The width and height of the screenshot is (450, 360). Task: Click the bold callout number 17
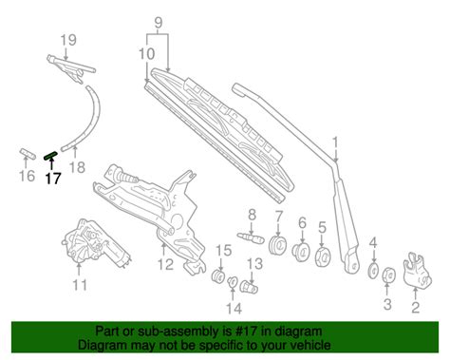pyautogui.click(x=53, y=179)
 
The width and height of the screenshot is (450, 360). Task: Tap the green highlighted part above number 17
pyautogui.click(x=51, y=155)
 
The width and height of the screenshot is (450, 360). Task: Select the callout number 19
pyautogui.click(x=68, y=40)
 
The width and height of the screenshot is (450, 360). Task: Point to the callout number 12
pyautogui.click(x=165, y=264)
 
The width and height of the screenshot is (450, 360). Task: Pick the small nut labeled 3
pyautogui.click(x=388, y=275)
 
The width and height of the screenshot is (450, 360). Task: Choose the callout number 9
pyautogui.click(x=159, y=23)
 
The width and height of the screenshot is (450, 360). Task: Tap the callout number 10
pyautogui.click(x=147, y=54)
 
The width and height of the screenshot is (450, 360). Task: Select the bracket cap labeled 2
pyautogui.click(x=417, y=270)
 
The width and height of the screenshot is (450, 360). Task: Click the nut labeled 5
pyautogui.click(x=323, y=256)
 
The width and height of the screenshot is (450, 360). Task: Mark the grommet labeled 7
pyautogui.click(x=277, y=245)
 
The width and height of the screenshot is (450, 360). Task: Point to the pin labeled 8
pyautogui.click(x=251, y=237)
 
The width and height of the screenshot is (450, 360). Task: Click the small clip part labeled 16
pyautogui.click(x=27, y=153)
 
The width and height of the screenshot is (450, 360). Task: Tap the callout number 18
pyautogui.click(x=77, y=167)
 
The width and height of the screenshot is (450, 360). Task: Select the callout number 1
pyautogui.click(x=335, y=143)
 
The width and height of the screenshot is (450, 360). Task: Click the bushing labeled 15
pyautogui.click(x=218, y=276)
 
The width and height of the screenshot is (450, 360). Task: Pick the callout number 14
pyautogui.click(x=234, y=309)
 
